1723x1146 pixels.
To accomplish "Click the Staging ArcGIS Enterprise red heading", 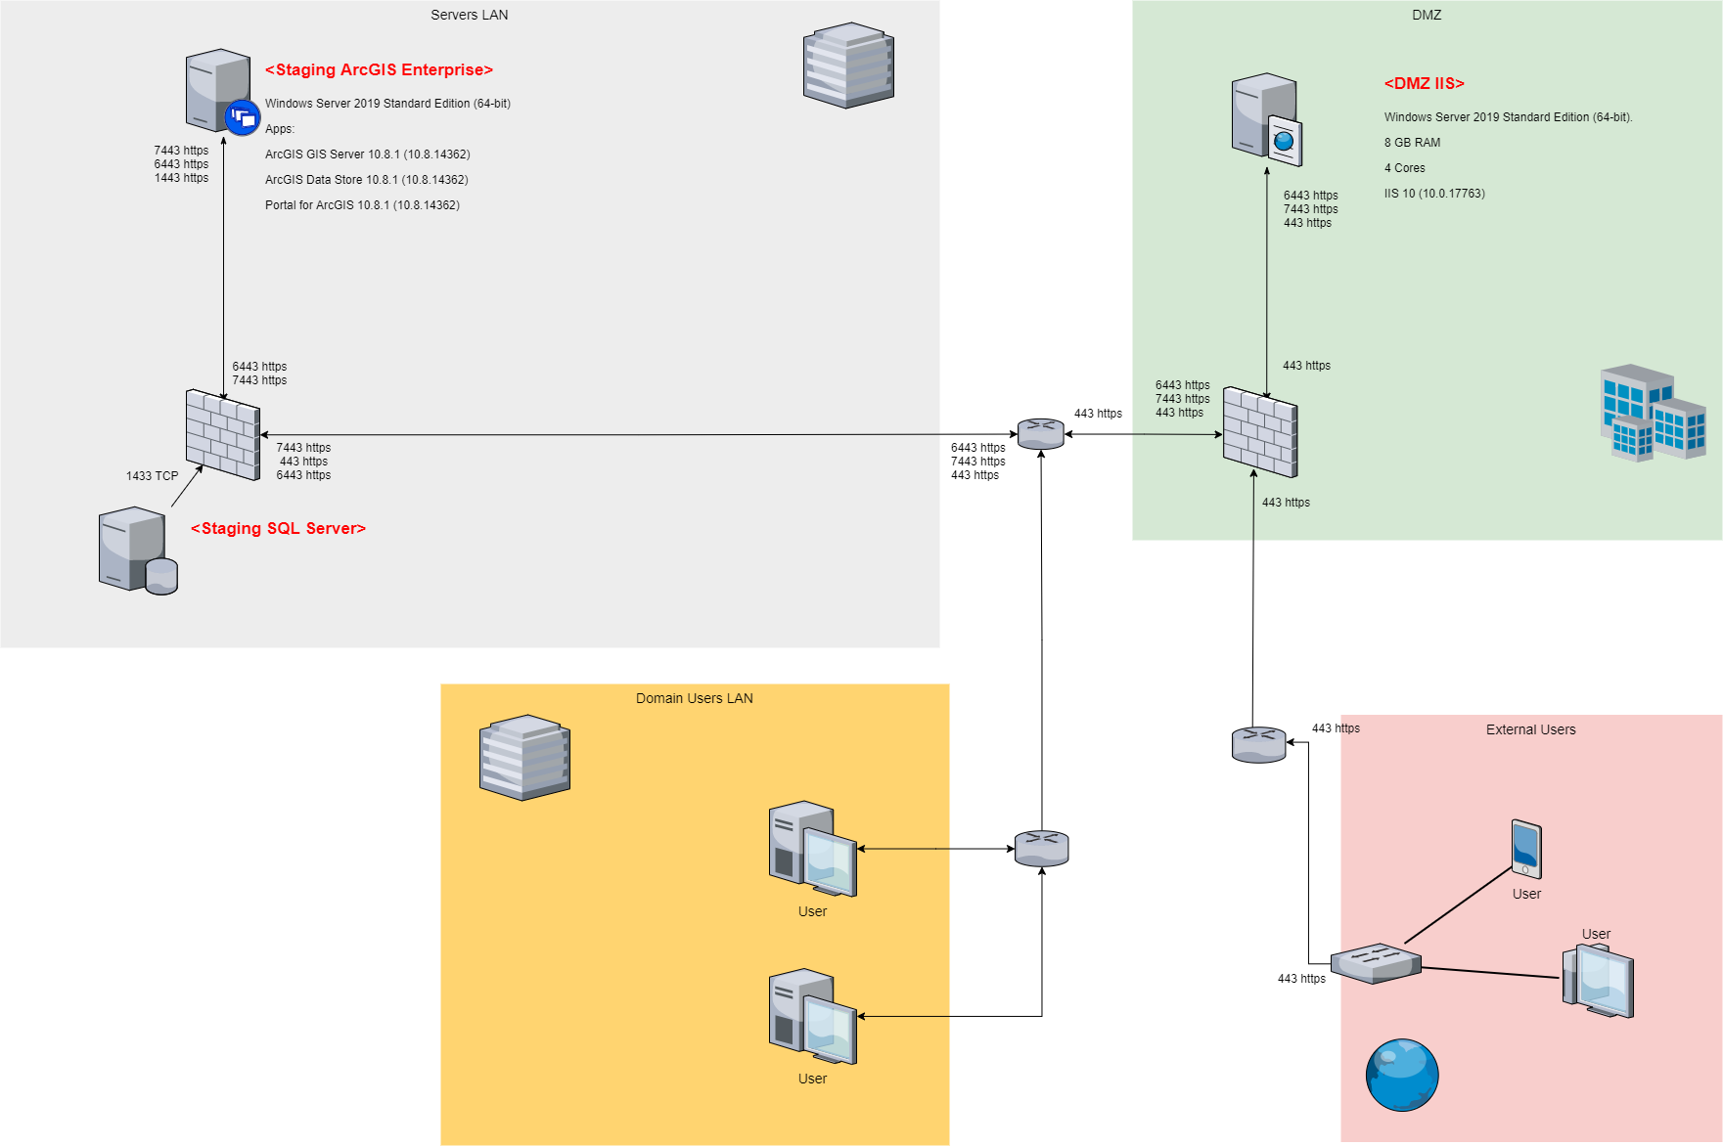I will coord(379,70).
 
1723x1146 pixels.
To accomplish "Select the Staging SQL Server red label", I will coord(278,529).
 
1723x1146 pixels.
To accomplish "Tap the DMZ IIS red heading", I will coord(1424,84).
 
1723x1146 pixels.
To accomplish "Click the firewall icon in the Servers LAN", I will coord(223,434).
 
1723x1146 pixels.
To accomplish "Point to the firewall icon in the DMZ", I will coord(1260,432).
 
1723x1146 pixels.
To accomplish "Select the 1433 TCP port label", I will coord(153,476).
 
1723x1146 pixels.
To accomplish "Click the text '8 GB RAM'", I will coord(1412,143).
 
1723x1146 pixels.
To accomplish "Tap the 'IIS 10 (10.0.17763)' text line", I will coord(1434,194).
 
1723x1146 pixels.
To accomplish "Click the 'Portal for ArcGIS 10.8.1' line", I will coord(362,205).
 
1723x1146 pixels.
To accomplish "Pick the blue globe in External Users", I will coord(1402,1075).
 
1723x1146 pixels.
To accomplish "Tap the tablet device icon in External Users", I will coord(1525,848).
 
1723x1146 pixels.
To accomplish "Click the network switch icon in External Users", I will coord(1376,963).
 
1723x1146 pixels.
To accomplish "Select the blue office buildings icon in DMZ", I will coord(1653,413).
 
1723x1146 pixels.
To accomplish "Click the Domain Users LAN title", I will coord(694,698).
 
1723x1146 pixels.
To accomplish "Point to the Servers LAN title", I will coord(469,15).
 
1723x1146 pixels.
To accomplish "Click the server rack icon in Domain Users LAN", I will coord(524,757).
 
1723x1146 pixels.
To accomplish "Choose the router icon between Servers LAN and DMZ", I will coord(1040,433).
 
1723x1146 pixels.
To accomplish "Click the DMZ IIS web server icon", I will coord(1266,119).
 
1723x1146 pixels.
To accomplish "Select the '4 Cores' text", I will coord(1404,168).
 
